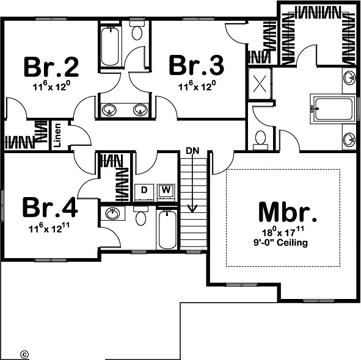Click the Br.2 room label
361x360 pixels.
pos(51,67)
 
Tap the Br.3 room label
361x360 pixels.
pos(197,65)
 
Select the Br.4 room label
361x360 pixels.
pos(50,207)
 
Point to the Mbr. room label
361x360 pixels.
pos(288,212)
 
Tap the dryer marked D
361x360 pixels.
pos(144,192)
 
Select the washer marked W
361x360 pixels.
pos(166,192)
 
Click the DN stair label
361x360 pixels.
pos(192,151)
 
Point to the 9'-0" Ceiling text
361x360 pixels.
pos(280,242)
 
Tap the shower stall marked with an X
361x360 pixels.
pos(260,84)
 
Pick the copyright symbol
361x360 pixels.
pos(24,354)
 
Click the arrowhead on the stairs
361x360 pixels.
pos(192,208)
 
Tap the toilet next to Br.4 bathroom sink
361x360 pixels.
pos(140,216)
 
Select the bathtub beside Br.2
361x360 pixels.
pos(110,46)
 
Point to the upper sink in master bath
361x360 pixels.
pos(349,77)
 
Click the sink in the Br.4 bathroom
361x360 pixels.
pos(112,214)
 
